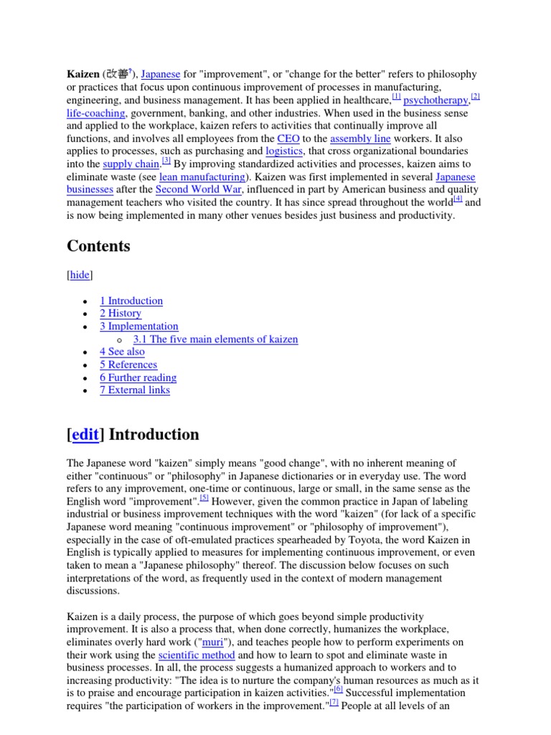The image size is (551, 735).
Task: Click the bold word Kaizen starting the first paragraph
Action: click(83, 75)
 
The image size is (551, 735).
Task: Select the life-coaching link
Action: click(96, 113)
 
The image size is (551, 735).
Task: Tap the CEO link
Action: click(288, 139)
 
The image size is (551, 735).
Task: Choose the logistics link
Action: click(284, 152)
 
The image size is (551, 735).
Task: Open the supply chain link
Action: click(131, 165)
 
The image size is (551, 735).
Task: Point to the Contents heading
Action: click(98, 246)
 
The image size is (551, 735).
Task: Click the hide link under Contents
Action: click(80, 276)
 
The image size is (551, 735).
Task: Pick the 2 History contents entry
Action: click(121, 314)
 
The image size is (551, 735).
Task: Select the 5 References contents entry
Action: click(128, 365)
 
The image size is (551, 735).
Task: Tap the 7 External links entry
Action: click(135, 391)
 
